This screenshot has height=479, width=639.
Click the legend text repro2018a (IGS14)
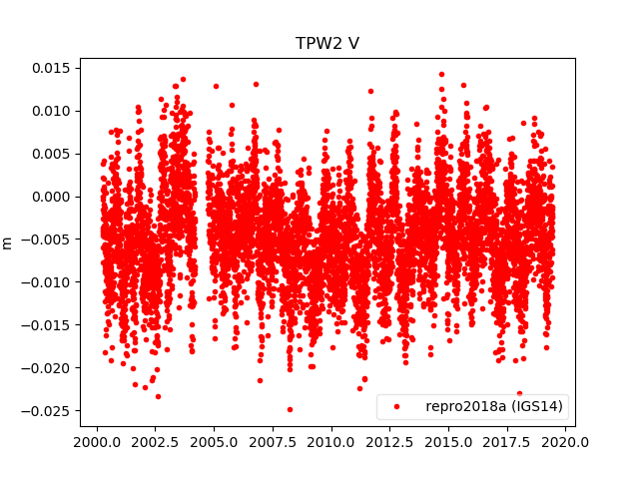494,407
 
